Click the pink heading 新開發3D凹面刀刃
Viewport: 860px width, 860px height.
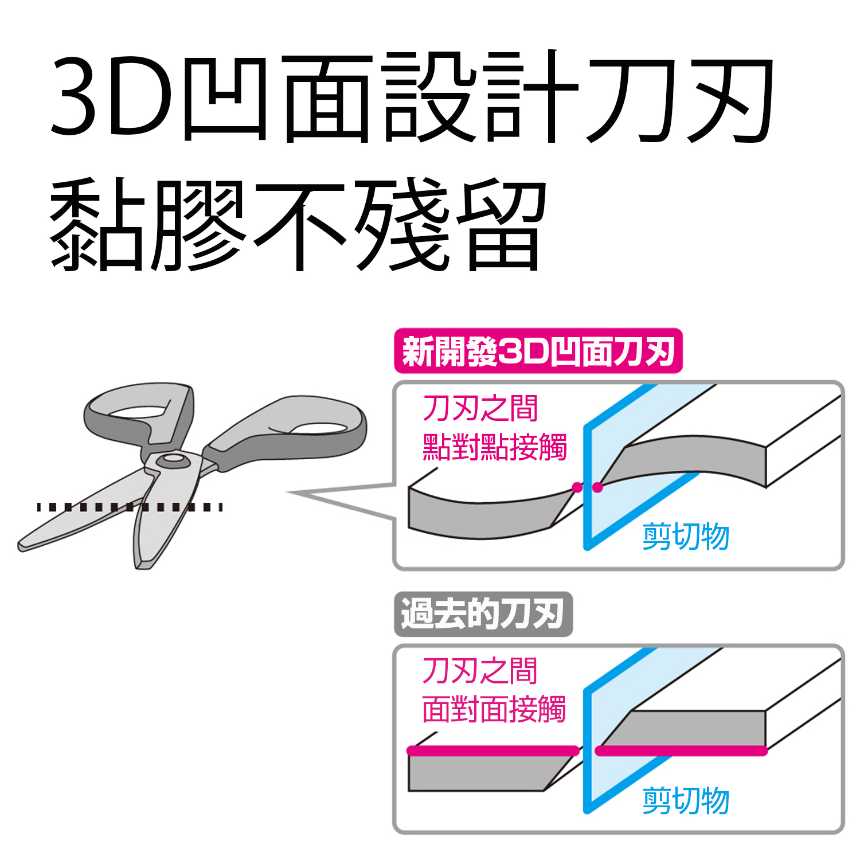tap(538, 351)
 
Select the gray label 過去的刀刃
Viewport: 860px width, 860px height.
tap(483, 614)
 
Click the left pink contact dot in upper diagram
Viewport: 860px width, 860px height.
tap(577, 487)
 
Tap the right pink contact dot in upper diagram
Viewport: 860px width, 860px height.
tap(597, 487)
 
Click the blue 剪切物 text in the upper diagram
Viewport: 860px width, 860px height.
tap(686, 537)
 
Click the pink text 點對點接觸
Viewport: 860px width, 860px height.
tap(494, 447)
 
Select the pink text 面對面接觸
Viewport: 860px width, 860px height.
tap(494, 709)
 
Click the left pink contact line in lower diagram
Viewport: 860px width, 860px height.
tap(492, 750)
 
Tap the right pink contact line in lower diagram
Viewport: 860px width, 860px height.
tap(681, 750)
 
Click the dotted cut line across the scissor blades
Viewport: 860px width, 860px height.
tap(130, 507)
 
